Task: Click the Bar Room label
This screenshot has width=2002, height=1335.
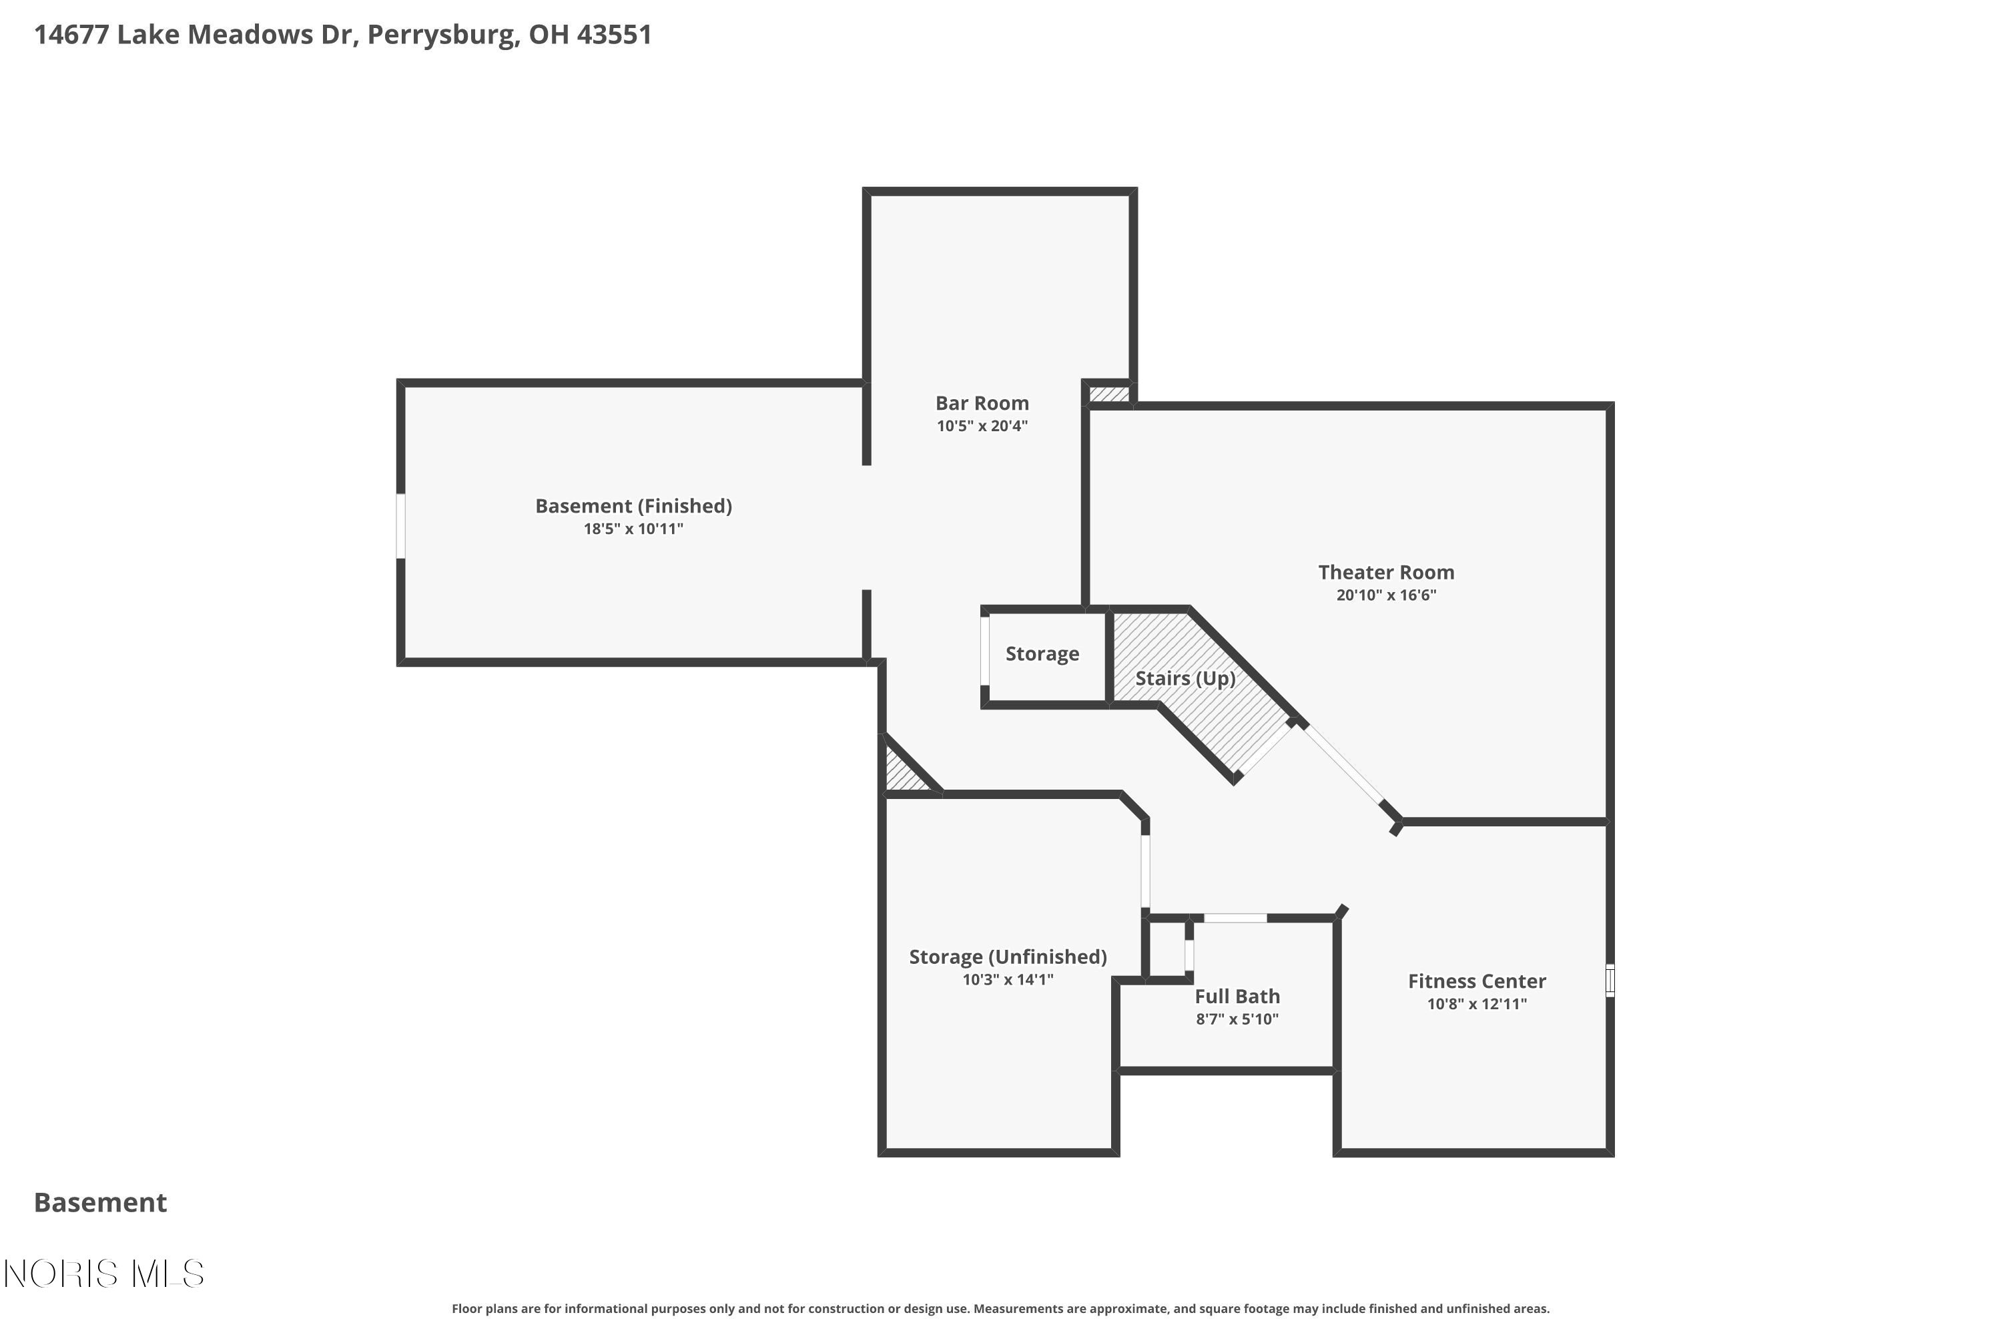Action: (x=982, y=404)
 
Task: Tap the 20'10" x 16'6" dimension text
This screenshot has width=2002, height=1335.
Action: (x=1386, y=595)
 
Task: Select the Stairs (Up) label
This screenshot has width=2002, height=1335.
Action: (x=1185, y=679)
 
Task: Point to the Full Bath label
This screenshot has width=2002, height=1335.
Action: (x=1237, y=996)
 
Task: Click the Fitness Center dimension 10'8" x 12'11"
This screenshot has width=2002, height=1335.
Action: (x=1477, y=1004)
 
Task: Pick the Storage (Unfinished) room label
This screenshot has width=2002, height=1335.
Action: (x=1007, y=957)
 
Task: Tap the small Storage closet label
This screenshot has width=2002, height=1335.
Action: (x=1042, y=654)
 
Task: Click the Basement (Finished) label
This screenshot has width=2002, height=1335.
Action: (x=633, y=507)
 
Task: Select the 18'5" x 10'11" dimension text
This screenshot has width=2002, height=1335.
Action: (x=633, y=529)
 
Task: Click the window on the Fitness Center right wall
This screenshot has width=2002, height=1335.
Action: (x=1610, y=980)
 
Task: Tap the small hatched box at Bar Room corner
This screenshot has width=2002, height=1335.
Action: (x=1109, y=394)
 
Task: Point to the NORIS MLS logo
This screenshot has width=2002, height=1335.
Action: (x=104, y=1274)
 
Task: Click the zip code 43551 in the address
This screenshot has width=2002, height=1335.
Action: (x=614, y=35)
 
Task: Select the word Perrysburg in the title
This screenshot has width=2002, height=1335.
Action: (x=442, y=35)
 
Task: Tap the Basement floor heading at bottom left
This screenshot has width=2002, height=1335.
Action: (x=101, y=1202)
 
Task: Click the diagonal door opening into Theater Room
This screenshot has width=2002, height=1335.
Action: (x=1344, y=764)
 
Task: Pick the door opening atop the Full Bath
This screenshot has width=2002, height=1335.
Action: (x=1235, y=918)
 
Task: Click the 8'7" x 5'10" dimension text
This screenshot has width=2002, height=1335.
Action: (x=1237, y=1019)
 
